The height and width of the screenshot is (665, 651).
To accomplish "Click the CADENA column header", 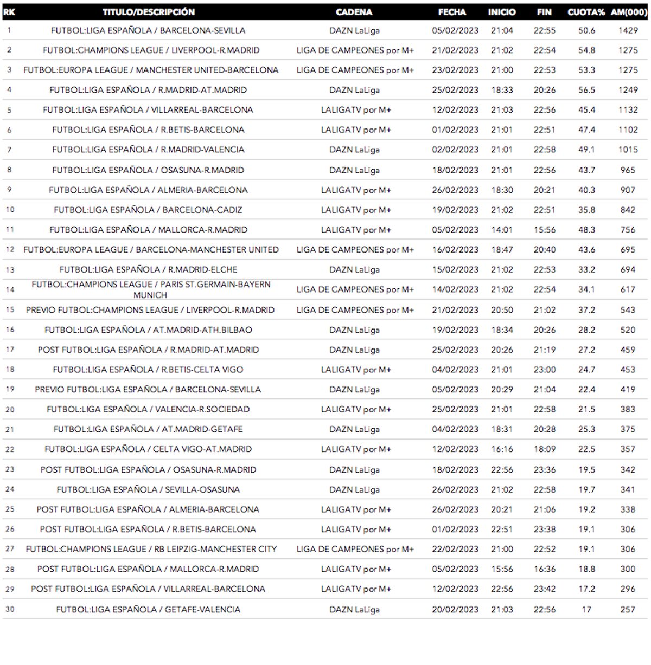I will (354, 12).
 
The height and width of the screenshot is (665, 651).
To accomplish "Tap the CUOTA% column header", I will (586, 12).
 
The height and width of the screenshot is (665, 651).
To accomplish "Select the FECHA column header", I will (452, 12).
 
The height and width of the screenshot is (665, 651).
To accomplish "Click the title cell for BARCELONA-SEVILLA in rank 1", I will (148, 30).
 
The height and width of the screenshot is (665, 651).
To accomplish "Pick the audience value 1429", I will (628, 30).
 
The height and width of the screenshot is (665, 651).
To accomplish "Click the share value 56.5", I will (586, 90).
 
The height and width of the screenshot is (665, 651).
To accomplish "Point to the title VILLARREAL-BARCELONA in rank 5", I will (148, 110).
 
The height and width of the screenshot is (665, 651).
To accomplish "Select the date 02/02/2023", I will (455, 150).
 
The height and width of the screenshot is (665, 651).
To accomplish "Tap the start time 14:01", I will (502, 230).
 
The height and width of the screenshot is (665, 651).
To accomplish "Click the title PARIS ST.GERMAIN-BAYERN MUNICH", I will (150, 289).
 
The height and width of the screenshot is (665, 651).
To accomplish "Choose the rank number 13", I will (10, 270).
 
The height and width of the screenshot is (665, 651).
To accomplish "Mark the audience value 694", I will (628, 269).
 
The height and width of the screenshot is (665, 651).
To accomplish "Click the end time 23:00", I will (544, 370).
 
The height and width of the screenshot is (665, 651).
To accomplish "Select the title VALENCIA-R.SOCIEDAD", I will (148, 409).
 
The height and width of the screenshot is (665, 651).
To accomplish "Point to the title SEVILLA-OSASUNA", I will (148, 489).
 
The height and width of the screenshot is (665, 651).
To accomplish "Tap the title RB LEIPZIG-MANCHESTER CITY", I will (151, 549).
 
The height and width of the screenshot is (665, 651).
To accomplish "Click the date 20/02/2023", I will (455, 609).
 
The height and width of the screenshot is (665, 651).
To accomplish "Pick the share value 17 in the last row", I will (586, 609).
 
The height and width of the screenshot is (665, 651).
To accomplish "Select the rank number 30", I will (10, 609).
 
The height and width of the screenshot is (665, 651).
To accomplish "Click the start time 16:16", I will (502, 449).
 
